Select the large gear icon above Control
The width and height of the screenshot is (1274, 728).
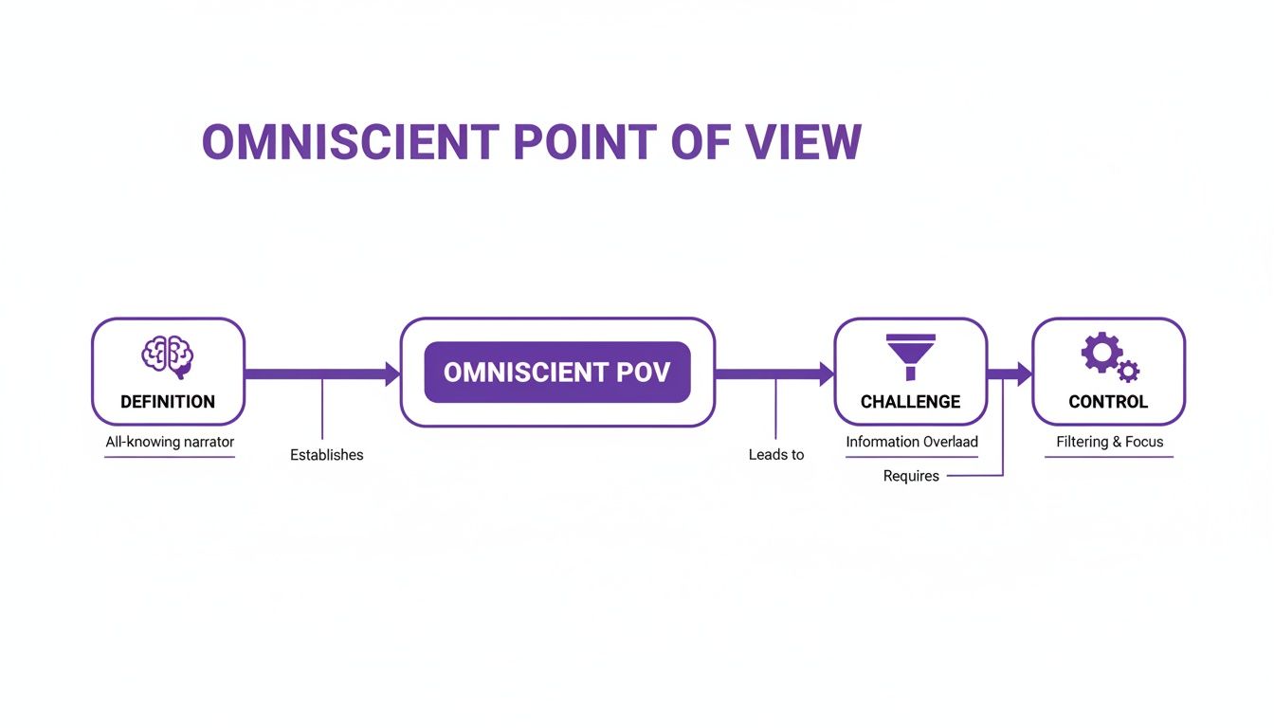(x=1101, y=352)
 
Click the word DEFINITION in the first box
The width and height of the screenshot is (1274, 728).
(x=168, y=402)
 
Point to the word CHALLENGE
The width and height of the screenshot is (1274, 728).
(x=910, y=402)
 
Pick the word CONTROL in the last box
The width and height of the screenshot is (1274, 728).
(x=1108, y=402)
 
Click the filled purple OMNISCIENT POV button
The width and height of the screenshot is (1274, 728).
(x=557, y=372)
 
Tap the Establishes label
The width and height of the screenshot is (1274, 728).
(x=326, y=455)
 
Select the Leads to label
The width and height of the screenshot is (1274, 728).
(x=775, y=455)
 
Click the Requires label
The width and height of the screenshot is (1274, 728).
(x=911, y=476)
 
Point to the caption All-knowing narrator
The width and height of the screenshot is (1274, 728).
(x=170, y=442)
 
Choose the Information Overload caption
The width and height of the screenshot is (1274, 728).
(x=911, y=442)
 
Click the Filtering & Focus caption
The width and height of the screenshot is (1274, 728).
(x=1109, y=442)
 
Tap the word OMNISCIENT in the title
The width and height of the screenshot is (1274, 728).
(x=350, y=142)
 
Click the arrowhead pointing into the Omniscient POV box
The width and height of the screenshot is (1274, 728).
(x=391, y=374)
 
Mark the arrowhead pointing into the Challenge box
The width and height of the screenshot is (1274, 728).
(x=826, y=374)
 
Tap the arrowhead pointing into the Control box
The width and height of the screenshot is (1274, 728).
(x=1024, y=374)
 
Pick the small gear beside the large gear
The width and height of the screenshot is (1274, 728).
(x=1128, y=371)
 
